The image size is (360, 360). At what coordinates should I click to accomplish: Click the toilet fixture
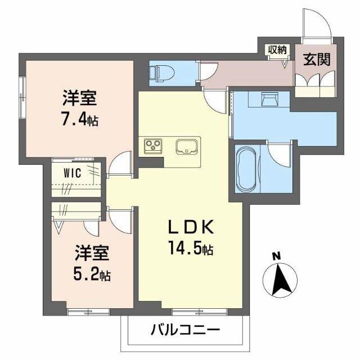[160, 71]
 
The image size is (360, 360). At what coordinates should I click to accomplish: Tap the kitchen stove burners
[152, 146]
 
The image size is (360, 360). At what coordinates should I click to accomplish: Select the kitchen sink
[185, 146]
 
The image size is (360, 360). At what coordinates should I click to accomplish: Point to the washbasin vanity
[269, 99]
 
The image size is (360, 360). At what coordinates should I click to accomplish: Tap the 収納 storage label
[277, 49]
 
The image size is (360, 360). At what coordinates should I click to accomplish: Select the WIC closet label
[73, 173]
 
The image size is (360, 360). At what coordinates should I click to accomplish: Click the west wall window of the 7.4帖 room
[22, 90]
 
